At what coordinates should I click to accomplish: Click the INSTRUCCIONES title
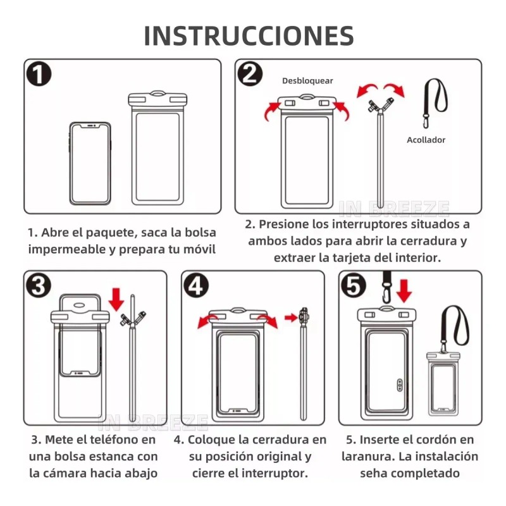[249, 36]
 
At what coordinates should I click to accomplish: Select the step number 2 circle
[250, 75]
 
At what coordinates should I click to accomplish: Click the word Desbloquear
[307, 81]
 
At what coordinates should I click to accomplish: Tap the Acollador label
[426, 140]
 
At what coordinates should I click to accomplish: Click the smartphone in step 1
[90, 163]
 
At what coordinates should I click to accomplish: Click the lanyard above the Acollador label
[436, 101]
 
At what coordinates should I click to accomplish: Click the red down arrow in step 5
[405, 291]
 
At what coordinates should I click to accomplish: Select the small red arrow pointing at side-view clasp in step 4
[291, 318]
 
